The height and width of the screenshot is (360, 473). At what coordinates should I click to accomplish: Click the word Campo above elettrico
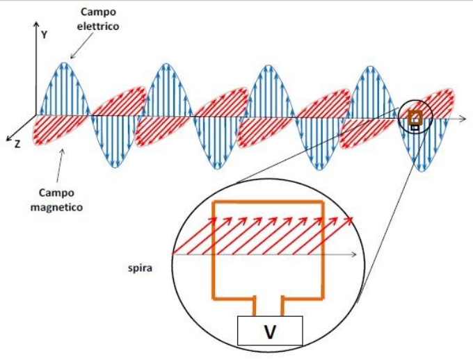[99, 13]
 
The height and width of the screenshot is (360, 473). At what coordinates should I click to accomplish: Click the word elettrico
[99, 26]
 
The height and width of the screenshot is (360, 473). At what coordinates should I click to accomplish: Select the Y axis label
[44, 34]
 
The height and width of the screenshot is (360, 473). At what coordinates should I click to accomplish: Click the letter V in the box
[270, 333]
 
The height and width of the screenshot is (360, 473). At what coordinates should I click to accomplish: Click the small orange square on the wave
[415, 117]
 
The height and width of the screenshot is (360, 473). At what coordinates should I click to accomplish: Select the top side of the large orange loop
[268, 202]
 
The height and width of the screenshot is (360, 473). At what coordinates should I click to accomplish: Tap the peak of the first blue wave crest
[64, 63]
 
